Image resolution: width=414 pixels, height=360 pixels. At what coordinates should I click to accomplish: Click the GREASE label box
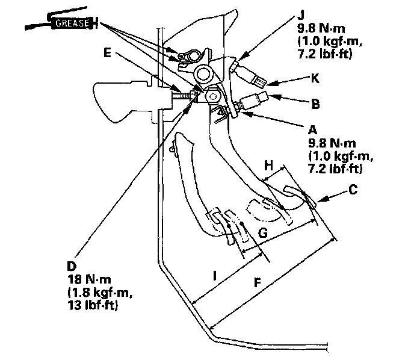[72, 23]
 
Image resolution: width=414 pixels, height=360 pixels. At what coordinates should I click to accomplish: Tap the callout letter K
[314, 79]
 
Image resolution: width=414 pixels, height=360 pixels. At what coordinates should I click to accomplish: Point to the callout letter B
[315, 104]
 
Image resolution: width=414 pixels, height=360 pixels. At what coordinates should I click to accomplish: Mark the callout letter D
[73, 265]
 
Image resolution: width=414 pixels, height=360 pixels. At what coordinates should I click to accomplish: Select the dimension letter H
[270, 164]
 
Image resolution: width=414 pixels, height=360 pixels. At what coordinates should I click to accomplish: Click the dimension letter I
[215, 276]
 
